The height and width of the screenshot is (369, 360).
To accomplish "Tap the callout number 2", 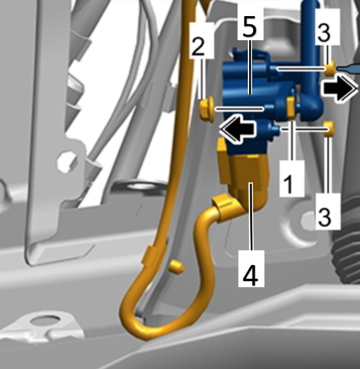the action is click(x=198, y=47).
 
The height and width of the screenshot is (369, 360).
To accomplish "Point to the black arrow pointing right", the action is click(x=340, y=89).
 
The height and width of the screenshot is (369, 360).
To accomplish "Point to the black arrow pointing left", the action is click(x=237, y=129).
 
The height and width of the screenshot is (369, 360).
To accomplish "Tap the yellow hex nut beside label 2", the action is click(x=206, y=110).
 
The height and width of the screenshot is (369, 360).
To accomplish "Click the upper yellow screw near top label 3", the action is click(x=331, y=68).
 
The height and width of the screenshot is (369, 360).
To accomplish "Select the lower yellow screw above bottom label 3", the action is click(x=329, y=129).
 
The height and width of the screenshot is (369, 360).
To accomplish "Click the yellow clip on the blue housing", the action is click(x=291, y=107).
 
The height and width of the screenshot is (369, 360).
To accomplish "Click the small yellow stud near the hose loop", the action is click(x=177, y=266).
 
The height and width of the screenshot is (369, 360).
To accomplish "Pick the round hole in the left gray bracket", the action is click(x=67, y=161).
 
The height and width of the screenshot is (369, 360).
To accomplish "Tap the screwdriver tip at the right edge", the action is click(x=348, y=68).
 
